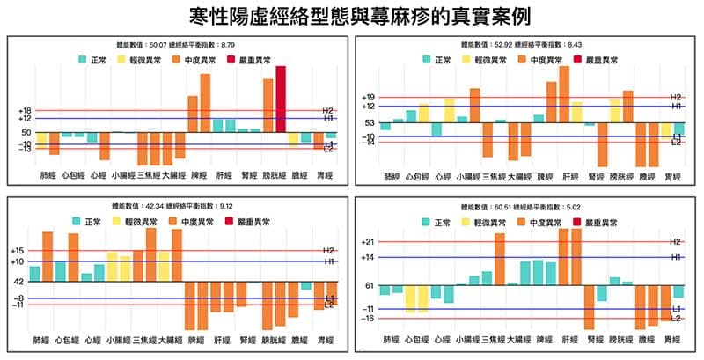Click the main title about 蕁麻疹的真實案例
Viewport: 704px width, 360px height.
(352, 16)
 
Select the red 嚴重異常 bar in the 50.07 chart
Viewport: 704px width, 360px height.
(281, 99)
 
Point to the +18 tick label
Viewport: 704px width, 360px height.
(24, 110)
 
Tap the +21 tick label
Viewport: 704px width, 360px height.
(368, 242)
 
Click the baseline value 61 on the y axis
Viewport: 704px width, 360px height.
(370, 286)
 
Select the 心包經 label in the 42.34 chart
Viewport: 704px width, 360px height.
(67, 340)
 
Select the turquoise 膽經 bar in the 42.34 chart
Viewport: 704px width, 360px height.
(305, 285)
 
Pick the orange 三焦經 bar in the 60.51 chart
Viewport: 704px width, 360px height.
(500, 259)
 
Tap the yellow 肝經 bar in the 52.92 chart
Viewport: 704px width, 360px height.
(577, 112)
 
